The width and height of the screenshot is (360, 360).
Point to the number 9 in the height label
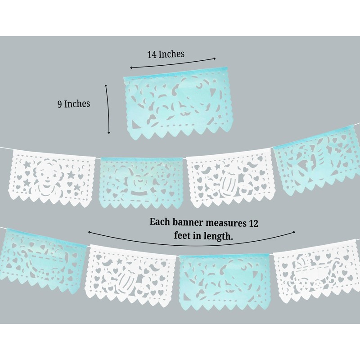point(59,104)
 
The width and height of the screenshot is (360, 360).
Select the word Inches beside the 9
point(77,103)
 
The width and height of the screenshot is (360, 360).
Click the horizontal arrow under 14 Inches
point(173,63)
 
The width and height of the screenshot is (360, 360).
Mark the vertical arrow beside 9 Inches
point(108,109)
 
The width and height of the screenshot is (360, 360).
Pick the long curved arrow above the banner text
point(192,243)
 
